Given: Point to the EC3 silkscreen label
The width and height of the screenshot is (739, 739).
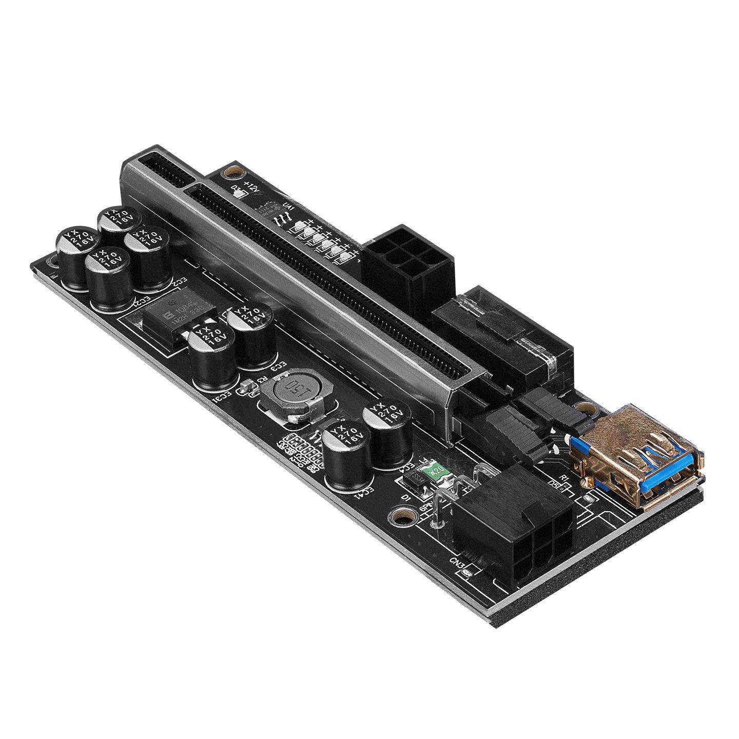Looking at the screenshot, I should (x=277, y=366).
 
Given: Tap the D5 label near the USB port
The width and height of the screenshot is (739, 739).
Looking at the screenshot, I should (x=553, y=483).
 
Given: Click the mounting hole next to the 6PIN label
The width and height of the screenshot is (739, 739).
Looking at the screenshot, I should (x=401, y=515).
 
